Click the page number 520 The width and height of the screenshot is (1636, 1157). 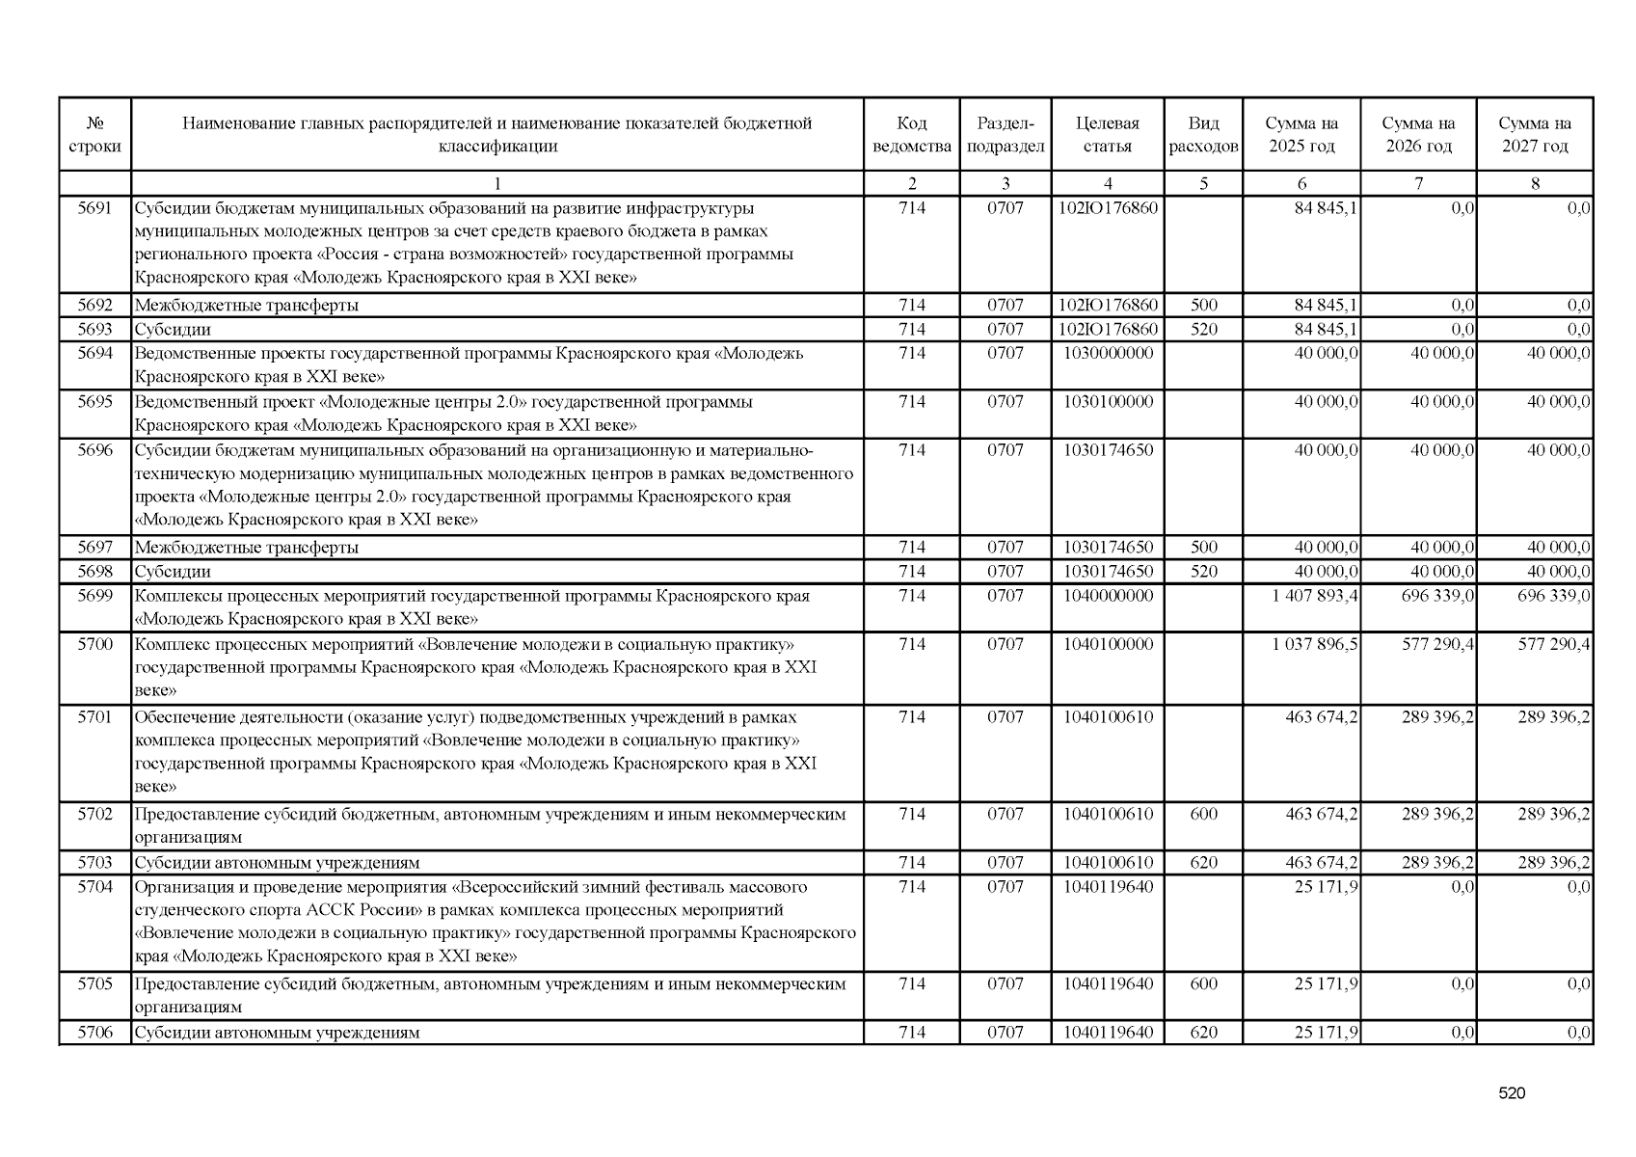[x=1512, y=1093]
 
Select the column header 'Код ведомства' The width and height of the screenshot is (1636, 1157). [x=911, y=135]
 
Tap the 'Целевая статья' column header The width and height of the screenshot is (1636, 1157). [x=1107, y=135]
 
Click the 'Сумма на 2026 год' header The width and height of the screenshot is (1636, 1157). [x=1418, y=135]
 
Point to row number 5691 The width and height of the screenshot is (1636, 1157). [x=94, y=208]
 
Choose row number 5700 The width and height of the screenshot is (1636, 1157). [x=94, y=644]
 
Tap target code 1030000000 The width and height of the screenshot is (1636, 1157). [x=1108, y=354]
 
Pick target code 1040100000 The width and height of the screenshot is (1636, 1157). [x=1108, y=644]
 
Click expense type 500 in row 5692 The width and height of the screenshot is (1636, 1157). [x=1203, y=306]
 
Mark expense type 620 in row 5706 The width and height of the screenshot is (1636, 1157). [x=1203, y=1033]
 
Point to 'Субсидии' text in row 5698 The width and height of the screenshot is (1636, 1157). [x=173, y=572]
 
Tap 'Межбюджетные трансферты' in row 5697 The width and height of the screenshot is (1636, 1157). [x=247, y=548]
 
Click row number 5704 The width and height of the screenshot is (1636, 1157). [x=94, y=887]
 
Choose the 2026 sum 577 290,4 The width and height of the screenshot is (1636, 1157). [x=1437, y=644]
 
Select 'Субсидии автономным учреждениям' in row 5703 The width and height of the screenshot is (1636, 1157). [x=278, y=863]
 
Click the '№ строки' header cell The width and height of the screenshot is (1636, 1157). [x=94, y=135]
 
